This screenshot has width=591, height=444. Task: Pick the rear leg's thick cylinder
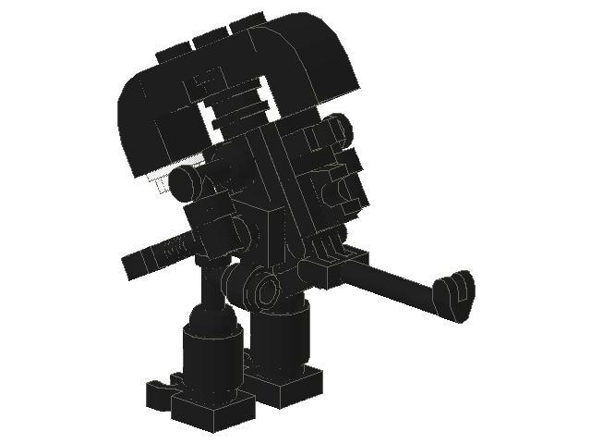[283, 342]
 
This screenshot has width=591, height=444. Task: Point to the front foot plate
[212, 406]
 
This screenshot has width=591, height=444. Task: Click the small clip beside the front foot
[163, 388]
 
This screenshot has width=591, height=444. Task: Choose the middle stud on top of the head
[210, 38]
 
